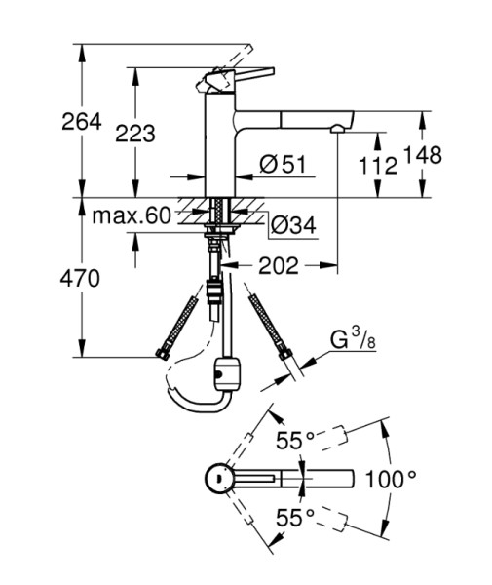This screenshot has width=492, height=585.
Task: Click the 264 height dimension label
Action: click(82, 121)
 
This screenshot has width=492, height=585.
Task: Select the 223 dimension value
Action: click(135, 134)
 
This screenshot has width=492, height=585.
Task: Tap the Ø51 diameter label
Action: click(283, 165)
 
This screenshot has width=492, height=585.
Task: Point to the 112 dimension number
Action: click(378, 166)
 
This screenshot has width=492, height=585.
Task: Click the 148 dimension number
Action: click(423, 155)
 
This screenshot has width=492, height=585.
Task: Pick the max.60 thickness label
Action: click(132, 215)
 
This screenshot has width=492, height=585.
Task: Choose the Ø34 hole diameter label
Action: click(293, 225)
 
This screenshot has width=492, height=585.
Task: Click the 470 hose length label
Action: click(80, 278)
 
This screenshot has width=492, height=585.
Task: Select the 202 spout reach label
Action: click(279, 265)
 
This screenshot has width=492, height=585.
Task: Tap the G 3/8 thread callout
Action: click(353, 338)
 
